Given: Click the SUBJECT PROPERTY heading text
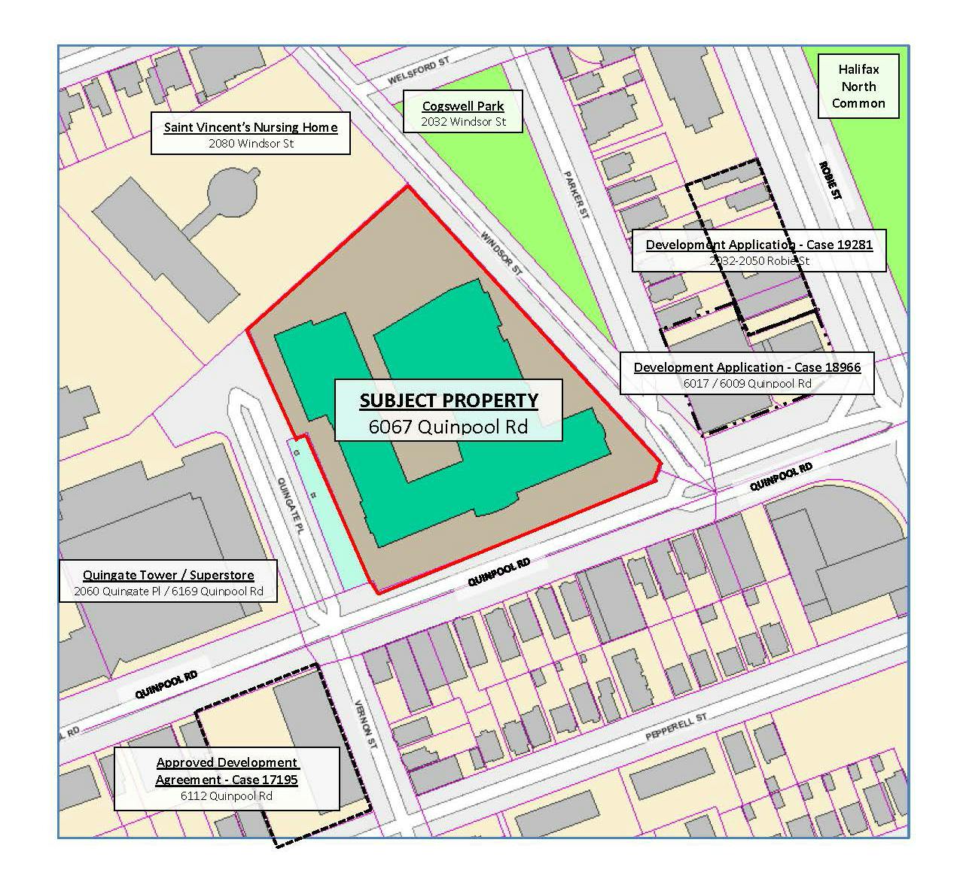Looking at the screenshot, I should pyautogui.click(x=448, y=400).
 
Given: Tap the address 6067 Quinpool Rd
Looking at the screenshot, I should pyautogui.click(x=448, y=427).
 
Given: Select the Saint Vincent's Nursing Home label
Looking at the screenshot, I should pyautogui.click(x=250, y=126).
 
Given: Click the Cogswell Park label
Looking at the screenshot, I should pyautogui.click(x=462, y=106).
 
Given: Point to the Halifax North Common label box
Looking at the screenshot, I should pyautogui.click(x=858, y=86).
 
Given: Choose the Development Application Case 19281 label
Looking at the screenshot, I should pyautogui.click(x=758, y=244).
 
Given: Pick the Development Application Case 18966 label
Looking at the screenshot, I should pyautogui.click(x=746, y=367).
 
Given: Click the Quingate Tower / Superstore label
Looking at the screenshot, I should pyautogui.click(x=168, y=575).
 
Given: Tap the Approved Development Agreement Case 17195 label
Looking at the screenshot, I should pyautogui.click(x=227, y=771).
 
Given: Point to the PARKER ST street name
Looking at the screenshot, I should pyautogui.click(x=575, y=195).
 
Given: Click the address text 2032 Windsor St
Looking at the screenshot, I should pyautogui.click(x=462, y=121).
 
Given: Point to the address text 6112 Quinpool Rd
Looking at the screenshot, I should pyautogui.click(x=226, y=795).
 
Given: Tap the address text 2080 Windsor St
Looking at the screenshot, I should pyautogui.click(x=251, y=143).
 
